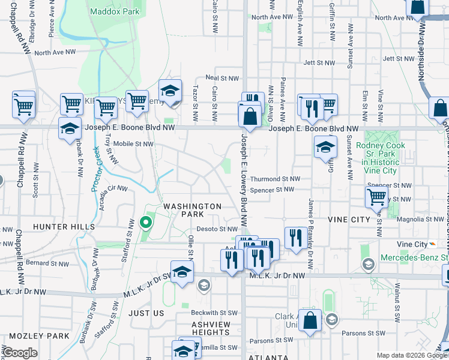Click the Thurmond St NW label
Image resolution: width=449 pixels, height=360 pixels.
[x=275, y=179]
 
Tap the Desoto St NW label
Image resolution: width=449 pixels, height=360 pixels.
[x=217, y=229]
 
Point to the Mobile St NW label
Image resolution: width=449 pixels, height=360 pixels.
[x=134, y=144]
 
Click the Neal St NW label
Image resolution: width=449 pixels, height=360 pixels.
[x=222, y=78]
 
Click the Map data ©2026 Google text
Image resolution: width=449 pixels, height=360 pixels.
[x=412, y=355]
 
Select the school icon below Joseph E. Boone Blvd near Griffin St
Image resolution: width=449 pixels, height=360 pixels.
[x=325, y=146]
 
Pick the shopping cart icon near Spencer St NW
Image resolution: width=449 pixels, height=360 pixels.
[x=376, y=196]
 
